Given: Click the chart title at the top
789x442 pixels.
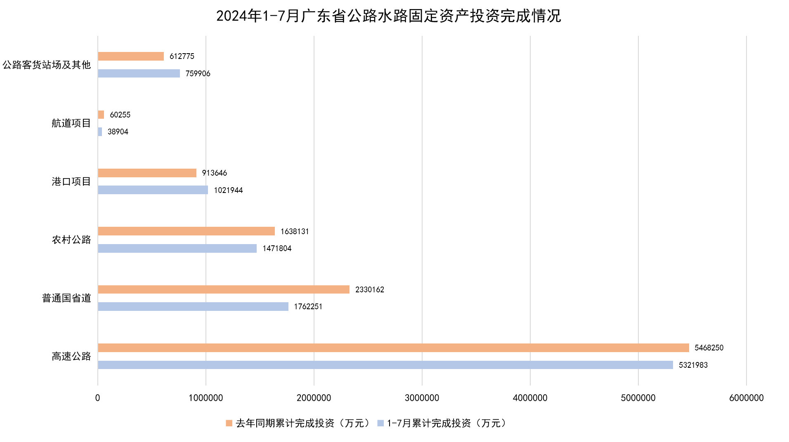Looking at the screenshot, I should pyautogui.click(x=388, y=16).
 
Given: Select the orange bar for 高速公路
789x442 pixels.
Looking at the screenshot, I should pyautogui.click(x=393, y=348).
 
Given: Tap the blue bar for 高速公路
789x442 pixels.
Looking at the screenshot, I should pyautogui.click(x=385, y=365).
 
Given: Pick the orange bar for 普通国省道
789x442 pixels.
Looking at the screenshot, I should pyautogui.click(x=224, y=289).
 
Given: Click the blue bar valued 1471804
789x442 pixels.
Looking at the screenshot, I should pyautogui.click(x=177, y=248).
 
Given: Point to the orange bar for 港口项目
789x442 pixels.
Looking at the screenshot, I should pyautogui.click(x=147, y=173).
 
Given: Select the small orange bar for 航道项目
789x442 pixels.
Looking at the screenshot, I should pyautogui.click(x=101, y=115).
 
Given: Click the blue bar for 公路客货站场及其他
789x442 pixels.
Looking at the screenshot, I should pyautogui.click(x=139, y=73).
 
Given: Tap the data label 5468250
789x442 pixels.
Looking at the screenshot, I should pyautogui.click(x=709, y=348).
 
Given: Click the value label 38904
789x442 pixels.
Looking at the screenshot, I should pyautogui.click(x=118, y=132).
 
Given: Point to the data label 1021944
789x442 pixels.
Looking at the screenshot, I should pyautogui.click(x=228, y=190).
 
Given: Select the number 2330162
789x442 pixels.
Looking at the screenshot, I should pyautogui.click(x=369, y=289).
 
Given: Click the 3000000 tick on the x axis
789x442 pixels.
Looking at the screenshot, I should pyautogui.click(x=422, y=398).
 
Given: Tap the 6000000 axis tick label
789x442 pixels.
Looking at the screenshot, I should pyautogui.click(x=746, y=398).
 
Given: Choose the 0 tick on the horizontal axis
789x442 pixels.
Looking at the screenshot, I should pyautogui.click(x=97, y=398).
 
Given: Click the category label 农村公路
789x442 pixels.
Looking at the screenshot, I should pyautogui.click(x=71, y=240).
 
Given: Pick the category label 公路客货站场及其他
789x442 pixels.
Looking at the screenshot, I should pyautogui.click(x=47, y=65).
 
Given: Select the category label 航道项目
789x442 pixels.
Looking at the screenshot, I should pyautogui.click(x=71, y=123).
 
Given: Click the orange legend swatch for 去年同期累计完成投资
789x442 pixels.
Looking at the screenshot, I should pyautogui.click(x=229, y=423).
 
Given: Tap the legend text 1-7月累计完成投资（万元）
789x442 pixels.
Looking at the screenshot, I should pyautogui.click(x=446, y=423).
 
